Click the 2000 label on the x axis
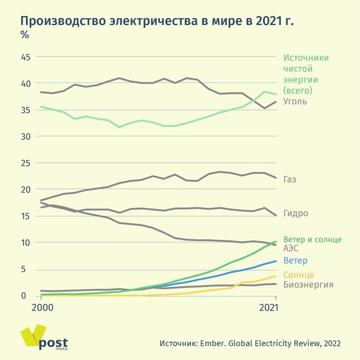tap(42, 307)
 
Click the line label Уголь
tap(295, 101)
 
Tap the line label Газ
tap(290, 180)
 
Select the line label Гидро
tap(296, 214)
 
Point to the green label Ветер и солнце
tap(312, 239)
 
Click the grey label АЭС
tap(290, 248)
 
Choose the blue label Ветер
tap(295, 261)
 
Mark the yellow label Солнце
tap(298, 275)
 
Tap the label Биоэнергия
tap(308, 285)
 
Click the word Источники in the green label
tap(306, 58)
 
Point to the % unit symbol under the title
tap(24, 35)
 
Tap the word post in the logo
tap(54, 343)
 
